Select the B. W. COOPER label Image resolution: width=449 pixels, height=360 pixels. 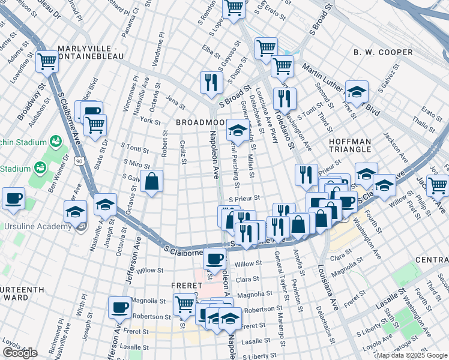384,52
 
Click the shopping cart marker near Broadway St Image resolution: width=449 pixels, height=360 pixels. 46,61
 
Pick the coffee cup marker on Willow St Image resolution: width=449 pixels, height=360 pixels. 214,260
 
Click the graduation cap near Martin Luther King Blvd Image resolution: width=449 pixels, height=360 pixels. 357,91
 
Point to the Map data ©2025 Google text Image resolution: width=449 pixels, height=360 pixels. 412,355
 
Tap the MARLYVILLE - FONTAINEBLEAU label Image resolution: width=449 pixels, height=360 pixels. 91,52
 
